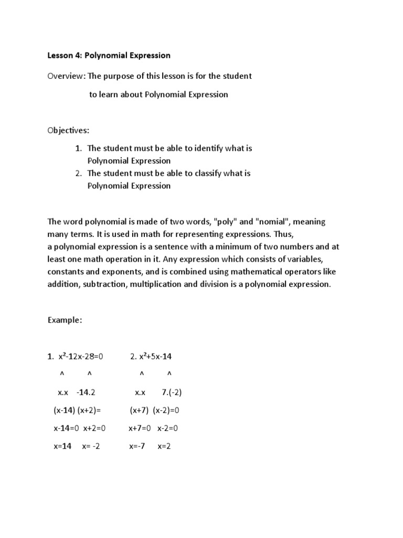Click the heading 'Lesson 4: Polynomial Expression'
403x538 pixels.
click(x=109, y=55)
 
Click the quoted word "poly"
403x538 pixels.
click(x=226, y=222)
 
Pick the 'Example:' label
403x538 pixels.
click(x=65, y=320)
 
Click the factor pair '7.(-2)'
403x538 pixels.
click(x=172, y=392)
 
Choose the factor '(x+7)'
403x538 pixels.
click(x=139, y=410)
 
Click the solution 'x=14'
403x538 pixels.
click(x=62, y=446)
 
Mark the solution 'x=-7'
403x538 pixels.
click(x=137, y=446)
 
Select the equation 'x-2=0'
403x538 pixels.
click(x=168, y=428)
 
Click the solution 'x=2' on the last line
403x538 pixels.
click(x=165, y=446)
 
